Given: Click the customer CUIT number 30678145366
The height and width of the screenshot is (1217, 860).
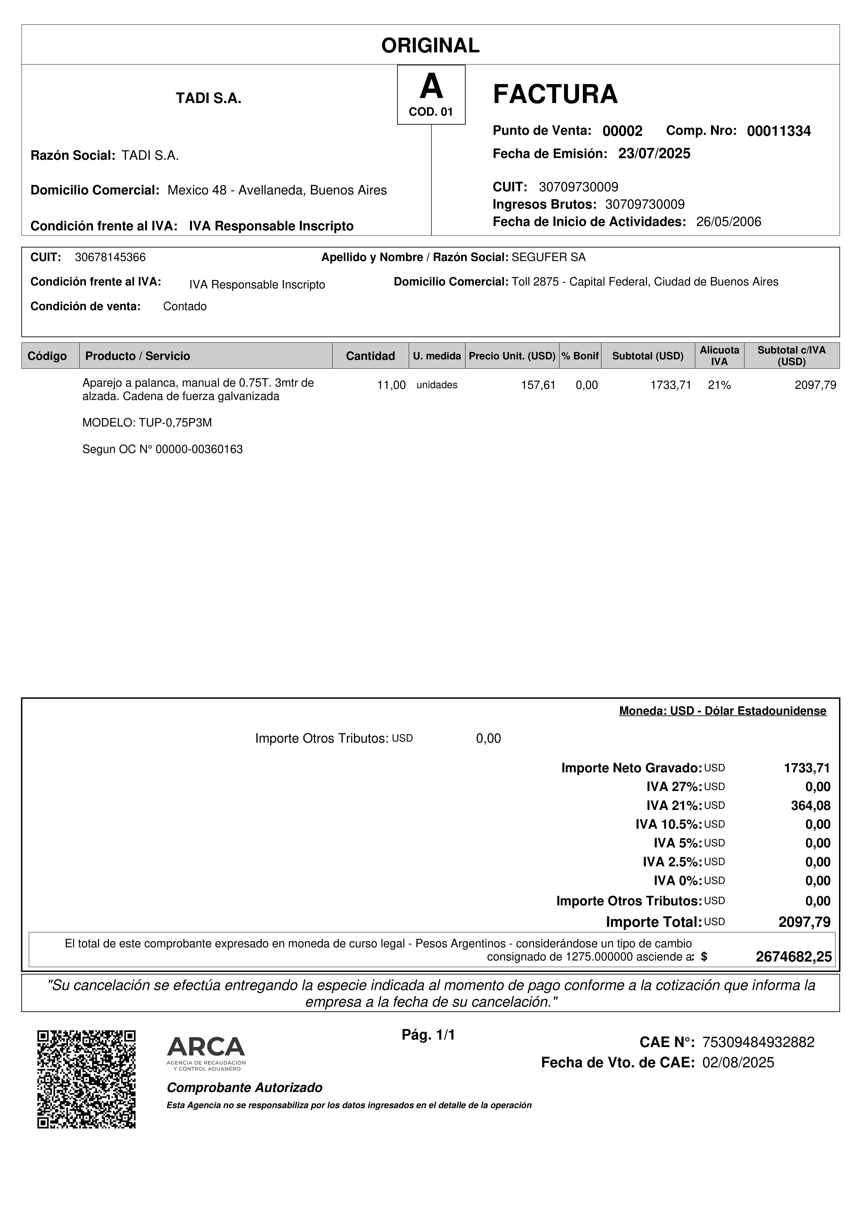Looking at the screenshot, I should point(110,258).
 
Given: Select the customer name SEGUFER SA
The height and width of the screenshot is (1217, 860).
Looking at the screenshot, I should point(548,258).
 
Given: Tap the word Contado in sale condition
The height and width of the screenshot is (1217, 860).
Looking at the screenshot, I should point(184,306).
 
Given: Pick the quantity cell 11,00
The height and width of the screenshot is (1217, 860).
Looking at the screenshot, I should point(391,385).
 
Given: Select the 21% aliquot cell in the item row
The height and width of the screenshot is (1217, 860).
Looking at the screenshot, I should point(719,385).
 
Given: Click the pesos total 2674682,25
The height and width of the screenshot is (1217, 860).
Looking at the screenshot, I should point(793,957).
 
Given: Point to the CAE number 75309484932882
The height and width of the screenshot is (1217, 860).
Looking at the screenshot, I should point(758,1043).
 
